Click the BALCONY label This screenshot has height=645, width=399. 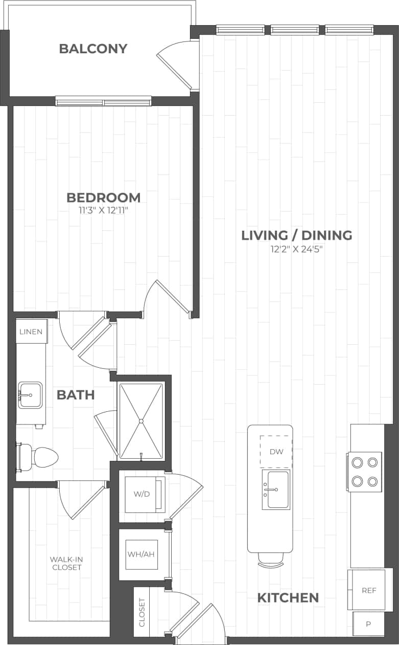[93, 49]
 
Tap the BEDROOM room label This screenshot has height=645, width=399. [104, 197]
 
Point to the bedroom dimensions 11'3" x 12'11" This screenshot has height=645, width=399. [104, 210]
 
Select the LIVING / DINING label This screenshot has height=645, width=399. [296, 235]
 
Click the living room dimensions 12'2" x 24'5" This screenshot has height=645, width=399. [296, 249]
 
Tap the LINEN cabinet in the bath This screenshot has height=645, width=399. [31, 331]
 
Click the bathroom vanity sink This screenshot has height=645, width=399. [30, 395]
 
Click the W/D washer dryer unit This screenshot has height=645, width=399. [142, 494]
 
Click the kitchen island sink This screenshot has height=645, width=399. [276, 490]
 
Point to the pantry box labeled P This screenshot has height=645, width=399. [368, 624]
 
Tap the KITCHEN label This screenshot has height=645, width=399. [288, 597]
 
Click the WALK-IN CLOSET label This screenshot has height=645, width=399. [66, 564]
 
